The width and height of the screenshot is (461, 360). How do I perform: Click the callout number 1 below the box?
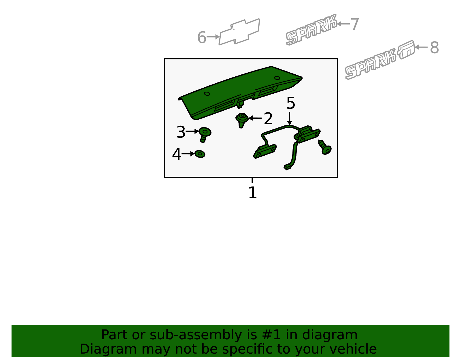pyautogui.click(x=252, y=193)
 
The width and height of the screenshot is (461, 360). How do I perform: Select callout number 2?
pyautogui.click(x=268, y=118)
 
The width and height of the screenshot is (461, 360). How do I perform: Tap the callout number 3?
pyautogui.click(x=181, y=132)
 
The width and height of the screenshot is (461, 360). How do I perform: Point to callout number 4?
pyautogui.click(x=177, y=154)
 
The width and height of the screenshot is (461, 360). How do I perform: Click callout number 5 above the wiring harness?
pyautogui.click(x=291, y=103)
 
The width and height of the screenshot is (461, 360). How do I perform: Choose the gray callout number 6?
pyautogui.click(x=202, y=37)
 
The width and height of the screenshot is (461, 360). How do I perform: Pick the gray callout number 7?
pyautogui.click(x=354, y=24)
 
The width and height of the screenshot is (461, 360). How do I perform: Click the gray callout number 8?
pyautogui.click(x=434, y=48)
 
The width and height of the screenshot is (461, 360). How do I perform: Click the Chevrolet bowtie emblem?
pyautogui.click(x=239, y=32)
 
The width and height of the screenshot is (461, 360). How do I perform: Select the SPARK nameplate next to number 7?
pyautogui.click(x=311, y=30)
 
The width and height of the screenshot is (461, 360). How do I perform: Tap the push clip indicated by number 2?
pyautogui.click(x=242, y=120)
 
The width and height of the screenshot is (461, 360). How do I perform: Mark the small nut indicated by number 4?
pyautogui.click(x=200, y=154)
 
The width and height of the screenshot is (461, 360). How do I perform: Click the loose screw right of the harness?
pyautogui.click(x=325, y=147)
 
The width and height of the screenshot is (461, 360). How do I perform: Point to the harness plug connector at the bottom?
pyautogui.click(x=288, y=167)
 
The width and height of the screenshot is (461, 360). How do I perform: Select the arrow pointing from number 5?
pyautogui.click(x=289, y=118)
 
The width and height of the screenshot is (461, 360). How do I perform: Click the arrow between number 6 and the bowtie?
pyautogui.click(x=213, y=37)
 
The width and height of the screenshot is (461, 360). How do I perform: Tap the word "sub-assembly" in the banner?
pyautogui.click(x=196, y=335)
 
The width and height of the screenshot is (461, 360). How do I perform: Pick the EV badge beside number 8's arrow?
pyautogui.click(x=406, y=50)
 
